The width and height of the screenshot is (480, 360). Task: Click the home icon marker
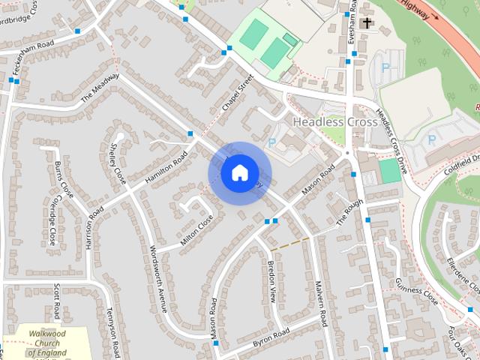point(239,173)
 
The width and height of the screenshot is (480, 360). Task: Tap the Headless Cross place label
point(329,121)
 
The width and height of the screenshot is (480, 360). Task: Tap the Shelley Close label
point(118,155)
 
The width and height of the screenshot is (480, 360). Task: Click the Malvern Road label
point(321,303)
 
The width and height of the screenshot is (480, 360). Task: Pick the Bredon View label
point(272,282)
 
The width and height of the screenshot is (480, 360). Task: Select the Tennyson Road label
point(114,332)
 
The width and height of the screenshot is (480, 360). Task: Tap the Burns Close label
point(65,181)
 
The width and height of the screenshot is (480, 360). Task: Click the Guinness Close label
point(416,291)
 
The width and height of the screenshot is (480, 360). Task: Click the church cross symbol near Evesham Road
point(366,23)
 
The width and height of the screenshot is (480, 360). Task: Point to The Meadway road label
point(100,88)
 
